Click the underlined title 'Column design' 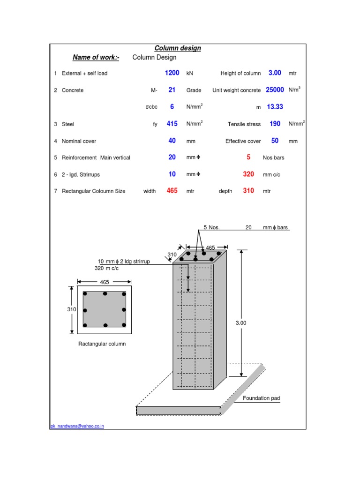tap(178, 48)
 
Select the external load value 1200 tap(172, 73)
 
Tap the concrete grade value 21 tap(172, 90)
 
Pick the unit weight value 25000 tap(275, 90)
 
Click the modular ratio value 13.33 tap(275, 107)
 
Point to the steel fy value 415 tap(172, 124)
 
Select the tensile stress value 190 tap(275, 124)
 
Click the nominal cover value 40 tap(172, 141)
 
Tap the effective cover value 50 tap(275, 141)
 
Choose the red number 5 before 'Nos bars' tap(248, 157)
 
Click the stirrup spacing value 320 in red tap(248, 174)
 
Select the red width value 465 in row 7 tap(172, 191)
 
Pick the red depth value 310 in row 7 tap(248, 191)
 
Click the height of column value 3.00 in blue tap(275, 73)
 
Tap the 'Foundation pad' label tap(261, 398)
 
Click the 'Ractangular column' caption tap(102, 344)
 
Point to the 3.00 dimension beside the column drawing tap(240, 323)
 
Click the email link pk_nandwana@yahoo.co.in tap(77, 426)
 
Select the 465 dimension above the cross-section tap(104, 282)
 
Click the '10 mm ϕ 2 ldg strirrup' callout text tap(124, 262)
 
